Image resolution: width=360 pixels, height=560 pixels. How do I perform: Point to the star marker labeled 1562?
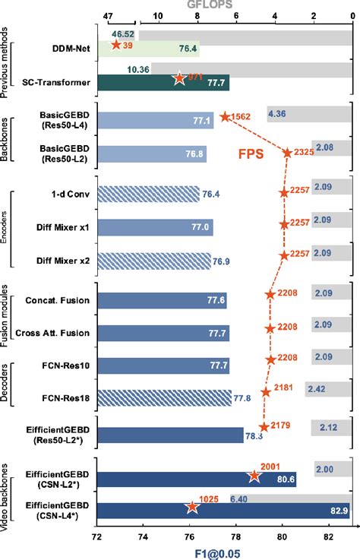(225, 116)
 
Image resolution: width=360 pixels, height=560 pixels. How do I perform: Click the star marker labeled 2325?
(287, 153)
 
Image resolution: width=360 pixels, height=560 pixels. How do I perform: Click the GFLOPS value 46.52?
(123, 35)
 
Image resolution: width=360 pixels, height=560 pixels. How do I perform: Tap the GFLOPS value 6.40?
(239, 499)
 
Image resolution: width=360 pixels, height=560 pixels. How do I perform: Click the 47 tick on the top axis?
(107, 14)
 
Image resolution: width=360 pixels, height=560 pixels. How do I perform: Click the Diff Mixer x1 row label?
(64, 226)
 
